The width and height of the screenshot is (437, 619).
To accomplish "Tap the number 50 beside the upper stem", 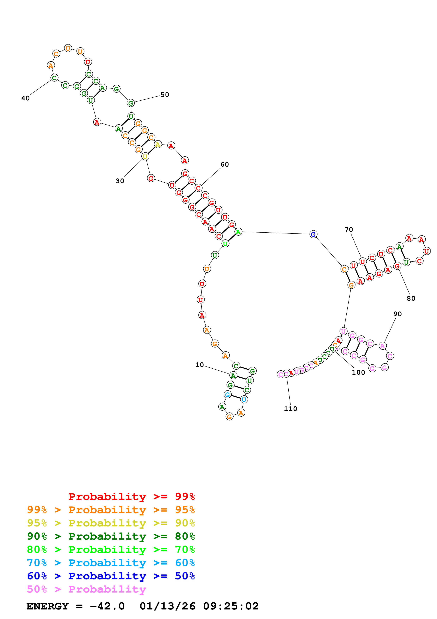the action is point(165,95).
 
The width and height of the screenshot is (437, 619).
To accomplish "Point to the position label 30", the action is point(120,181).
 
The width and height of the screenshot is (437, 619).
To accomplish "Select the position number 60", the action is point(225,164).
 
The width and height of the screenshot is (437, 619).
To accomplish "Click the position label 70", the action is point(349,229).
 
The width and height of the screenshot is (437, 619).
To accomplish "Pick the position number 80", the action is point(411,298).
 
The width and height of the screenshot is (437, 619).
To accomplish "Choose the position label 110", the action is point(291,409).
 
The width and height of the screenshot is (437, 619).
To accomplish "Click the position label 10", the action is point(200,365).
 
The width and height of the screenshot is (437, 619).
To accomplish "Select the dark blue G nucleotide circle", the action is point(313,234).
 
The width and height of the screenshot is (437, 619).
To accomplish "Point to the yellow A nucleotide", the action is point(158,145).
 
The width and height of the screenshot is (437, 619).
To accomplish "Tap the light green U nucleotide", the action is point(225,244).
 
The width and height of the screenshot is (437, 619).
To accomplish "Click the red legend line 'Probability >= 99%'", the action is point(131,497).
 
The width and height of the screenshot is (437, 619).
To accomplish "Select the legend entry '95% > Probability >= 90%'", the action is point(111,523).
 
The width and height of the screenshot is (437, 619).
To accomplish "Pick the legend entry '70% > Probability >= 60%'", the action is point(111,563).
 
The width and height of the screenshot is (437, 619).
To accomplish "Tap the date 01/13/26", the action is point(167,606).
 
